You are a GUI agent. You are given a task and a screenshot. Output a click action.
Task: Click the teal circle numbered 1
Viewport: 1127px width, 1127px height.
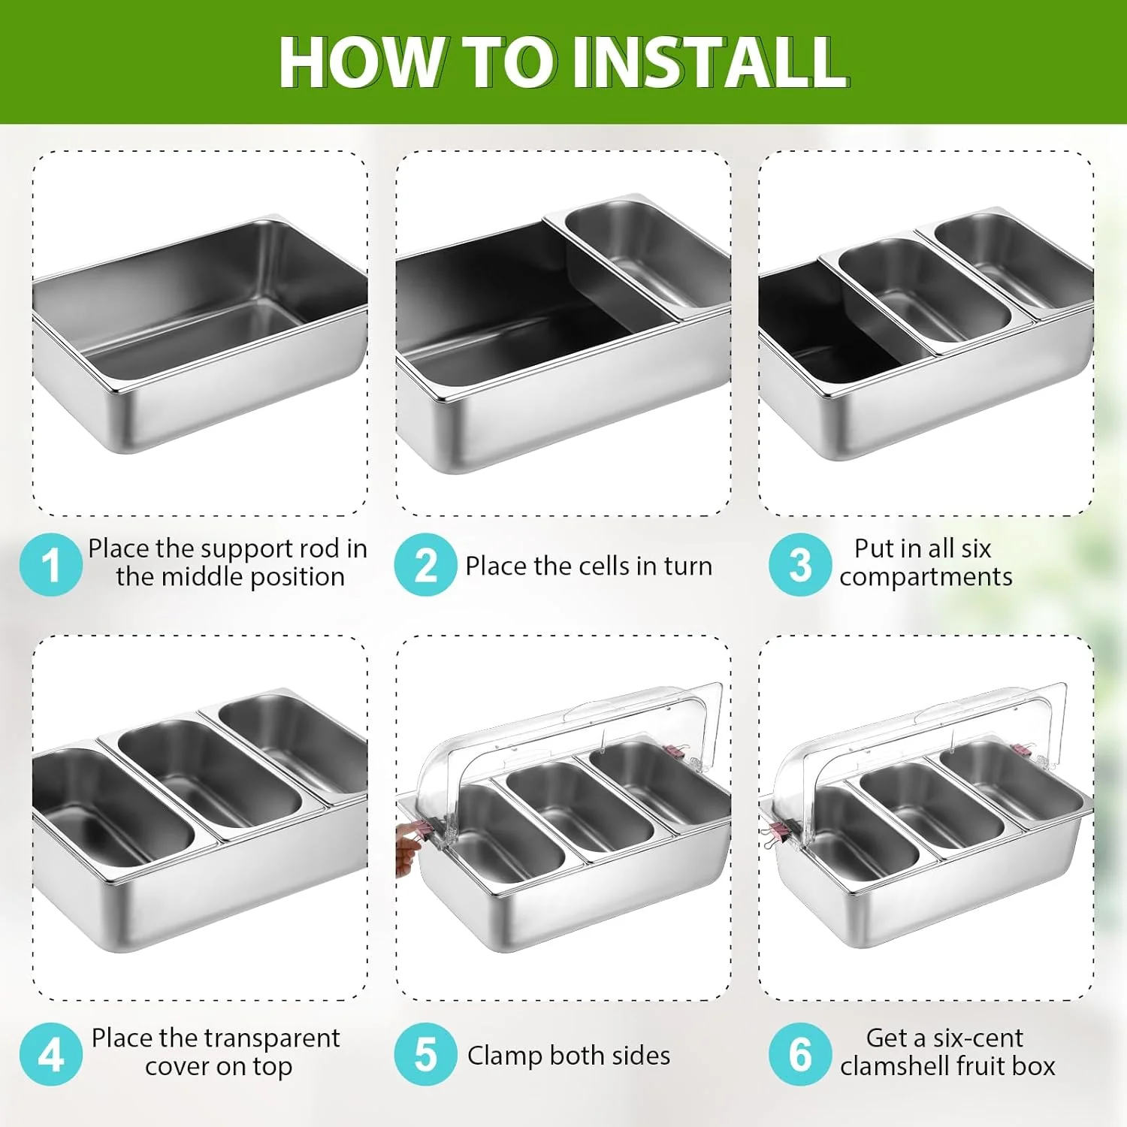50,564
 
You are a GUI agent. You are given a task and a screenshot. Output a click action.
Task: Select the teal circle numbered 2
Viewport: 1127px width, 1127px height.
425,564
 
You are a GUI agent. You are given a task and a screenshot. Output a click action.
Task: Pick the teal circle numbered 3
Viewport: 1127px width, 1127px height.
800,564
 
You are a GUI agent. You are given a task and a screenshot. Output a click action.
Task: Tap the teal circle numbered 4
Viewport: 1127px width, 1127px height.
50,1054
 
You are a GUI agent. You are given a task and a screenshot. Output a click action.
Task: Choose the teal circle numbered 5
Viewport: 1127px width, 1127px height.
425,1054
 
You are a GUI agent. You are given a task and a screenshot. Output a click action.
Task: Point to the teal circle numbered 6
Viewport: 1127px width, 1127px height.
800,1054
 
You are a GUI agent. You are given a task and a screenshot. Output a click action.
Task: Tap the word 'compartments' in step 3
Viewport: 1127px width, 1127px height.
926,578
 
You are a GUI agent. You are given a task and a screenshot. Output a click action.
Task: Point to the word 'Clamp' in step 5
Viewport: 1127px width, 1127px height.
505,1056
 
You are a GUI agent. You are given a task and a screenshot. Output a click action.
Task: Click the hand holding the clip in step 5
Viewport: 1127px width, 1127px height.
409,848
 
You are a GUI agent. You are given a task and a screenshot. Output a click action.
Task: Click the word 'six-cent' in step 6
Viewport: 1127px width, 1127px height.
978,1038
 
